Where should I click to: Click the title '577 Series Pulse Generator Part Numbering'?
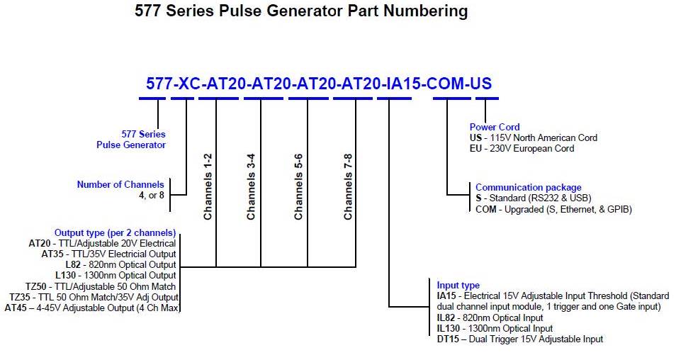301,11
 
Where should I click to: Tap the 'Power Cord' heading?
494,128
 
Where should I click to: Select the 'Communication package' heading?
528,188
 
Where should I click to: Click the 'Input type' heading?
458,286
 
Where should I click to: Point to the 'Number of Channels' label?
120,185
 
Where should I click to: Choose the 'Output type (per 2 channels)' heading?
115,232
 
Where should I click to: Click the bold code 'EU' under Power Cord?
476,149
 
